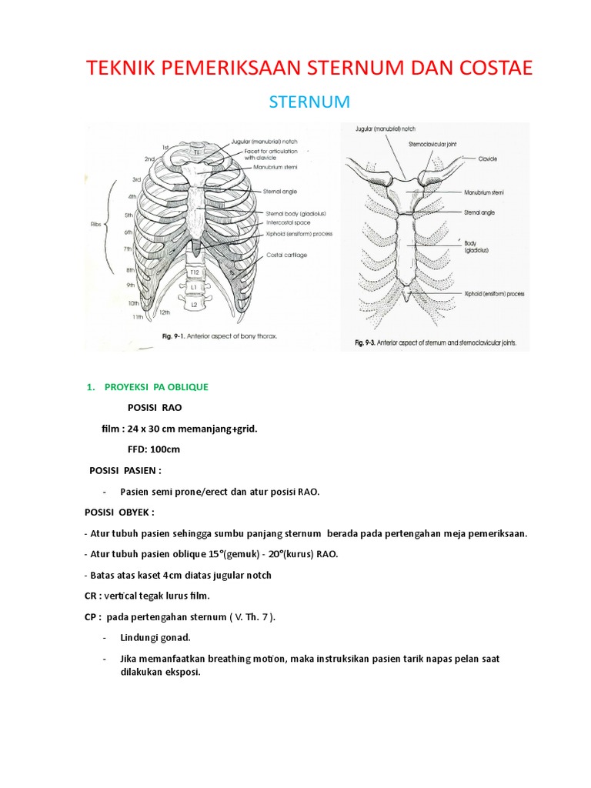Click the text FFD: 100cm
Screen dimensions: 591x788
pos(154,449)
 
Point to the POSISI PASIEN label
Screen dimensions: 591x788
pos(125,470)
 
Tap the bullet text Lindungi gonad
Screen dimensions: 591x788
pos(154,638)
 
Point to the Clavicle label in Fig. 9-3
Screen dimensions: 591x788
pos(486,159)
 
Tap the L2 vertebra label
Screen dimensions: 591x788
pos(195,306)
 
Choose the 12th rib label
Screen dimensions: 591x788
pos(164,312)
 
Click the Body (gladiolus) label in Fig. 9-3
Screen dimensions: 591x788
pos(476,246)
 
